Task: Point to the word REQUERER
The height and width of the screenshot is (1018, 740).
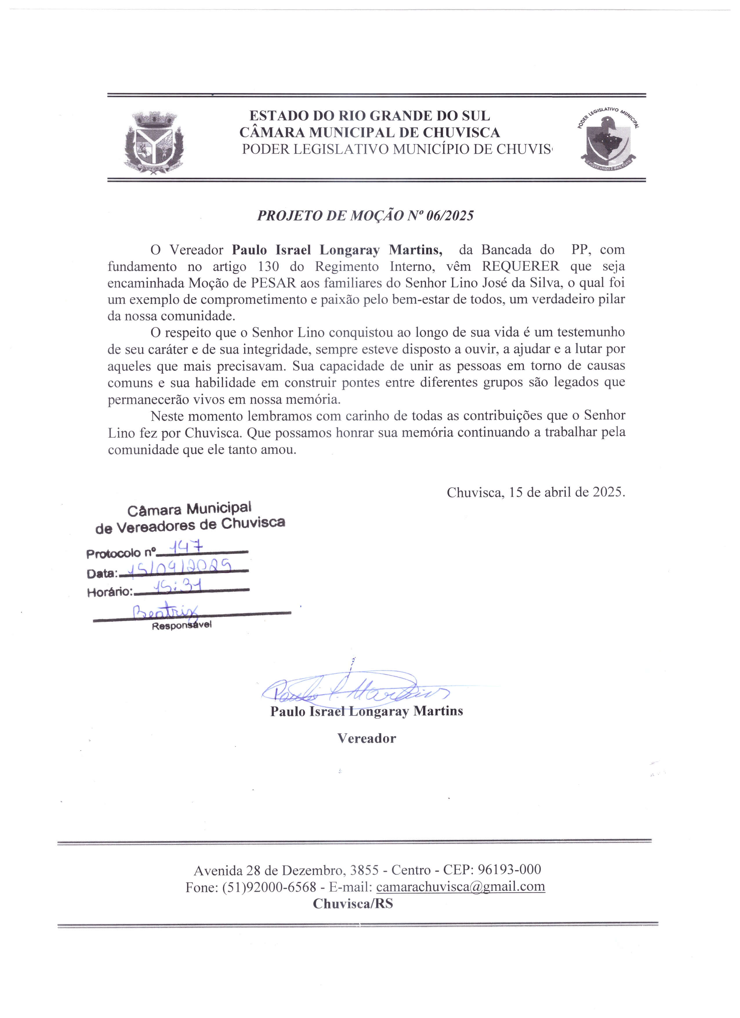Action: [x=520, y=266]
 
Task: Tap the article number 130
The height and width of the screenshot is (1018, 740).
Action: [x=268, y=267]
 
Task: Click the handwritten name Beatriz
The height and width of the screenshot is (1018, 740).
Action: [x=165, y=611]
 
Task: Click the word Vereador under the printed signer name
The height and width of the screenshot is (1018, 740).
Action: [x=367, y=739]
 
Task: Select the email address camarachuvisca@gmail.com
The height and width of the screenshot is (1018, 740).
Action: [x=460, y=887]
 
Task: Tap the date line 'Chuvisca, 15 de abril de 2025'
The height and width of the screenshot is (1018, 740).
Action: [x=535, y=492]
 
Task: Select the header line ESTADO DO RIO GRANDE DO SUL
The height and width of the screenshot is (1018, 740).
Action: [x=369, y=116]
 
